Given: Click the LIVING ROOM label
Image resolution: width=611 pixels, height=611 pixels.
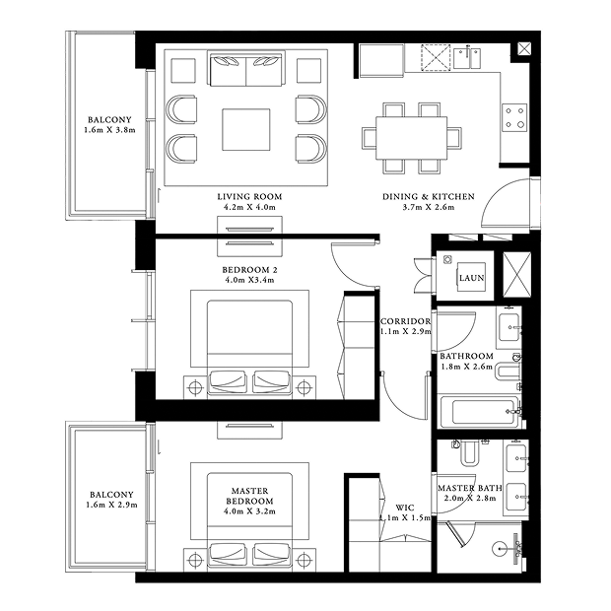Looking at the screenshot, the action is pyautogui.click(x=249, y=197).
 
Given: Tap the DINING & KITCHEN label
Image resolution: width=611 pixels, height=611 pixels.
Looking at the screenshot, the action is pyautogui.click(x=429, y=197).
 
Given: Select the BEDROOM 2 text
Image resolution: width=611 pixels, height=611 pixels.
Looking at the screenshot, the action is pyautogui.click(x=249, y=270).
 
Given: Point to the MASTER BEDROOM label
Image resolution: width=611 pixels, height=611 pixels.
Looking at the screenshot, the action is pyautogui.click(x=249, y=496).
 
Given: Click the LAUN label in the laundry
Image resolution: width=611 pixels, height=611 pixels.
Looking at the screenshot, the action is pyautogui.click(x=471, y=278).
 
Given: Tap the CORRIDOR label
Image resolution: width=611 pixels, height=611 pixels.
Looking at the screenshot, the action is pyautogui.click(x=406, y=321).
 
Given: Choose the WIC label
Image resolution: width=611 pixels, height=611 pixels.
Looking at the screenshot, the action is pyautogui.click(x=405, y=508).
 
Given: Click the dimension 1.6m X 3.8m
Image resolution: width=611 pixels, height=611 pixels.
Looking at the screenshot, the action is pyautogui.click(x=110, y=130).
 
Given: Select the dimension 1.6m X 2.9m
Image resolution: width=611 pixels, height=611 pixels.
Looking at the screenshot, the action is pyautogui.click(x=111, y=505).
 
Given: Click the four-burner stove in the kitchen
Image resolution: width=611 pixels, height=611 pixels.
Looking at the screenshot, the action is pyautogui.click(x=514, y=117).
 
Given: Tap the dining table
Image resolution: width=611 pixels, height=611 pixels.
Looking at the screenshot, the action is pyautogui.click(x=412, y=138).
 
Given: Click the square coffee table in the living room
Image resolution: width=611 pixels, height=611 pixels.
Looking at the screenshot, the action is pyautogui.click(x=246, y=130).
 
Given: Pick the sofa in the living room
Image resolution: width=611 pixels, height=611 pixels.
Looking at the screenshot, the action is pyautogui.click(x=246, y=69).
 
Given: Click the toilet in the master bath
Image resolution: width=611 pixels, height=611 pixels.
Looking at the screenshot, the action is pyautogui.click(x=469, y=452).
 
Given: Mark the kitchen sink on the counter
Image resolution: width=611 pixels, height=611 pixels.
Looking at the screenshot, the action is pyautogui.click(x=467, y=58).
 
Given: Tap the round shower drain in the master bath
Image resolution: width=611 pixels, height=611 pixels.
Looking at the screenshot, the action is pyautogui.click(x=500, y=549).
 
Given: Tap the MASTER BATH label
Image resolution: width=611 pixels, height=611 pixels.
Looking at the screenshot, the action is pyautogui.click(x=470, y=488).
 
